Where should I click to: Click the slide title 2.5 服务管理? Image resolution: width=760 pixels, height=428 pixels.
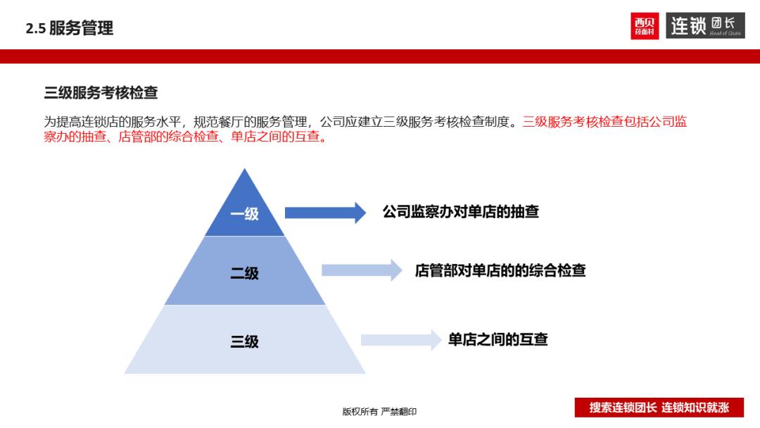69,28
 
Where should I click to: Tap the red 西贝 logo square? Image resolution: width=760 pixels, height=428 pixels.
645,26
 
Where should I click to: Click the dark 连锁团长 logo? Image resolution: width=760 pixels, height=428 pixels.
705,26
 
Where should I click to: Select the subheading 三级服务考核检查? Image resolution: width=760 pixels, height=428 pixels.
101,93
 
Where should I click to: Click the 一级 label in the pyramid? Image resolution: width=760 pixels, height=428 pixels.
244,214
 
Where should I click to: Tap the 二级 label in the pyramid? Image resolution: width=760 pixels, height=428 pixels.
244,273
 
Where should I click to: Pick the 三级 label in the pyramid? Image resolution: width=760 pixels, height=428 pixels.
244,341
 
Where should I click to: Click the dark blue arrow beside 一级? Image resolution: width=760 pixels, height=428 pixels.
324,213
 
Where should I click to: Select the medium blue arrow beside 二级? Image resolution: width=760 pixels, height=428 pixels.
361,270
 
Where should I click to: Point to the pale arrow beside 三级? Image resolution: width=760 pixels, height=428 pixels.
400,340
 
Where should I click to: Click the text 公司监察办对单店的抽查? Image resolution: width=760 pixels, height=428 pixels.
460,212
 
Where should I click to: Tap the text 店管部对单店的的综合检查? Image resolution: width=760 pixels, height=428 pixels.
500,270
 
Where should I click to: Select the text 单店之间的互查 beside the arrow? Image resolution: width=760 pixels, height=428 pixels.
498,340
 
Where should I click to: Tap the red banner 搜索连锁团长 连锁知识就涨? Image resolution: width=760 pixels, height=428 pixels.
659,408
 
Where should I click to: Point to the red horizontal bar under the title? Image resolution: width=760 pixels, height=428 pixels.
380,56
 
